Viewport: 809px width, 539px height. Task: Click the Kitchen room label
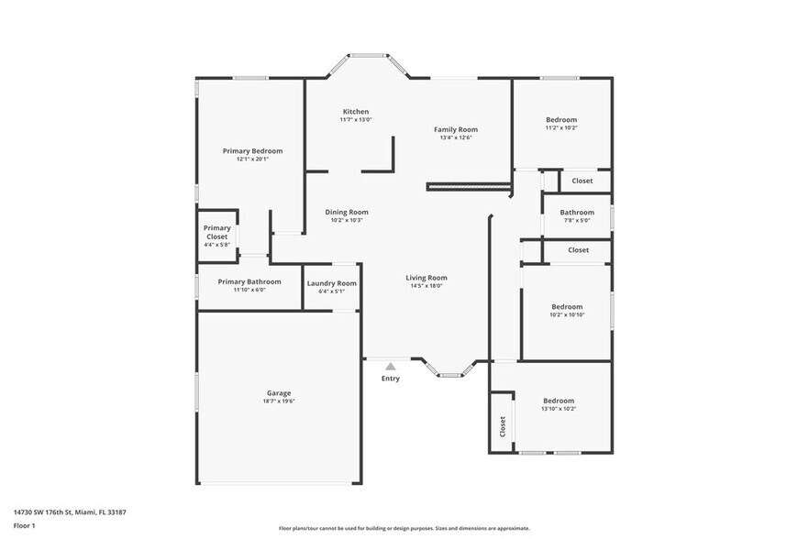[x=355, y=112]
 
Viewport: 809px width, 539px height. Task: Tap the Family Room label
[x=456, y=129]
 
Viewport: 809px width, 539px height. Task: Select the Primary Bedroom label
[x=252, y=150]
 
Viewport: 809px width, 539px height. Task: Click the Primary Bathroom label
[x=249, y=281]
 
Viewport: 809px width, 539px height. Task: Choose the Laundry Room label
[x=332, y=283]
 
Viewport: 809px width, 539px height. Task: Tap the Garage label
[x=279, y=392]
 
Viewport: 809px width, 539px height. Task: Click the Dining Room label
[x=347, y=212]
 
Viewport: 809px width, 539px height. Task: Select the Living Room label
[x=427, y=278]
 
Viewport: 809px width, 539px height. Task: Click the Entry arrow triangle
[x=391, y=367]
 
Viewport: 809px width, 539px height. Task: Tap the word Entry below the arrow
[x=391, y=379]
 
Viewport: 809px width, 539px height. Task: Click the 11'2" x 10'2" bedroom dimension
[x=561, y=128]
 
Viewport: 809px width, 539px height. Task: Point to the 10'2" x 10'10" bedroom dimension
[x=567, y=315]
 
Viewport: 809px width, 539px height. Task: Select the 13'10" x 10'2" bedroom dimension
[x=559, y=409]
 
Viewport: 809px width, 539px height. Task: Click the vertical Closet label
[x=503, y=426]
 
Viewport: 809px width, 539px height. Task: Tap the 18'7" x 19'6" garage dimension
[x=279, y=401]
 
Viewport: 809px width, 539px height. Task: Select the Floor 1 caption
[x=24, y=525]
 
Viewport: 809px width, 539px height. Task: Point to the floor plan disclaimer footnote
[x=404, y=528]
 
